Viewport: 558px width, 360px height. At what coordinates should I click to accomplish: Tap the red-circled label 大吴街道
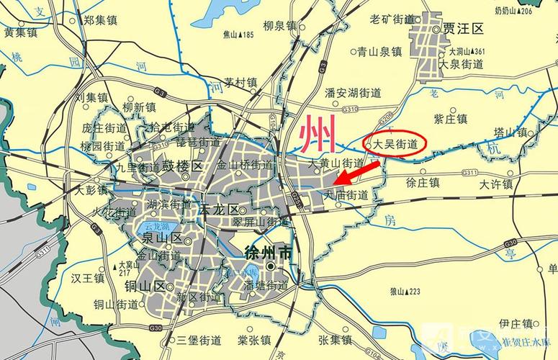[395, 145]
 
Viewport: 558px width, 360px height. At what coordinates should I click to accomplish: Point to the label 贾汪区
[464, 30]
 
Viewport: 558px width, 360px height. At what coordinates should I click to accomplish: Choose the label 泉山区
[157, 238]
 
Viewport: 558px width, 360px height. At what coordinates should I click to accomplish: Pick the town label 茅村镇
[240, 83]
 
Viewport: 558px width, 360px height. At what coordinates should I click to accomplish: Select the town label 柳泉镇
[279, 26]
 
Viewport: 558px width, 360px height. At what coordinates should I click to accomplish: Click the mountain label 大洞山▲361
[467, 51]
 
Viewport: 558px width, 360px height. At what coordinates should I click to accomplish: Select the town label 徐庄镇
[423, 182]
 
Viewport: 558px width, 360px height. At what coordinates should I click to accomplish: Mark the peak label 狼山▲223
[404, 291]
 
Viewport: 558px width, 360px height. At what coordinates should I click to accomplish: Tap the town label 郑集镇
[99, 20]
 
